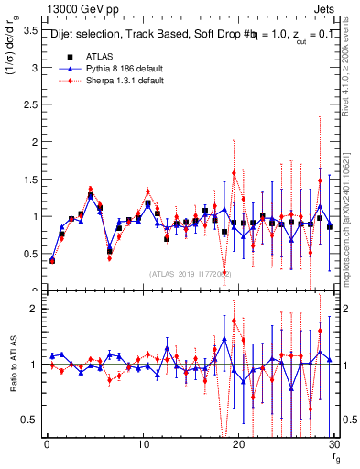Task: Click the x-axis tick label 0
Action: coord(47,444)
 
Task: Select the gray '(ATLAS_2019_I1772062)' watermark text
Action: coord(190,274)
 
